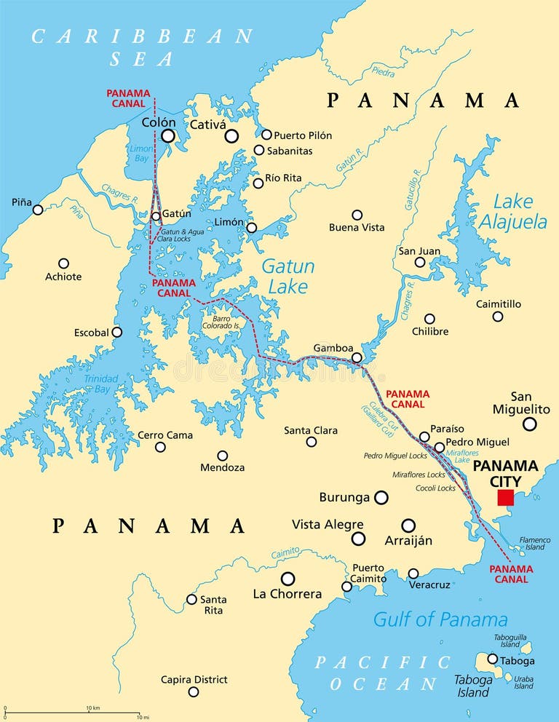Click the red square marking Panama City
coord(505,497)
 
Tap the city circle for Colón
coord(168,135)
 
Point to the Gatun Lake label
coord(288,276)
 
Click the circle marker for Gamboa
coord(357,357)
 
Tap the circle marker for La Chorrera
coord(288,579)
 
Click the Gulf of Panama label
coord(440,619)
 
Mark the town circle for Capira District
coord(194,692)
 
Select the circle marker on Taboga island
coord(492,659)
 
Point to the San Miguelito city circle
coord(530,424)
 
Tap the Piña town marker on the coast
coord(38,210)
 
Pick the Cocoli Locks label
coord(437,488)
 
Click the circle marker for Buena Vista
coord(357,215)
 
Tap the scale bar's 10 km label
coord(92,707)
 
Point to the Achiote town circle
coord(64,263)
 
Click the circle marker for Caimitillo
coord(497,317)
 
